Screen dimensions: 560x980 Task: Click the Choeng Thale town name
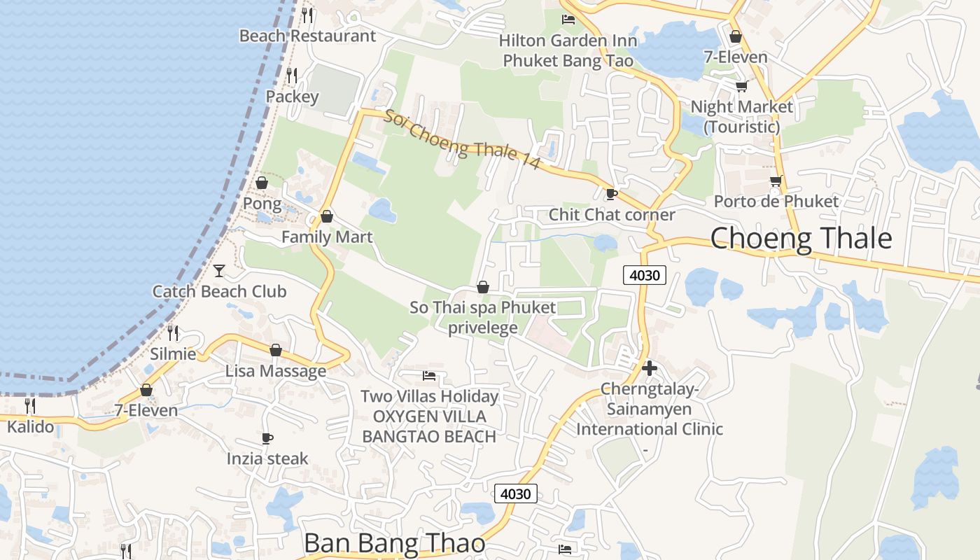point(801,239)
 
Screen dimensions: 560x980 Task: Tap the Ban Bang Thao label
point(395,544)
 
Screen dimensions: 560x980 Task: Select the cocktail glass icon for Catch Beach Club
point(219,270)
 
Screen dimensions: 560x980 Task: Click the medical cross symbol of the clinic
point(649,367)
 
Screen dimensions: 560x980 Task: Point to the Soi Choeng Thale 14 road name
point(462,139)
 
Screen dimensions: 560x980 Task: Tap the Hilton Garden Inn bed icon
point(568,20)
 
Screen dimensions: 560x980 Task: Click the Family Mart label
point(327,237)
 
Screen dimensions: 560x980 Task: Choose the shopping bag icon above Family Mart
point(326,216)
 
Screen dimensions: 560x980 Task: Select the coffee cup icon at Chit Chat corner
point(611,194)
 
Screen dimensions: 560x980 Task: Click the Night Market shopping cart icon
point(741,86)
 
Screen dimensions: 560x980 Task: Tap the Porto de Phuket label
point(776,202)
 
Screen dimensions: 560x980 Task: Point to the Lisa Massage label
point(276,371)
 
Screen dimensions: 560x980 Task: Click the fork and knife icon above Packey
point(292,75)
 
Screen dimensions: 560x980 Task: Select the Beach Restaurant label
point(307,36)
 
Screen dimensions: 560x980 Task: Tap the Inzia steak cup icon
point(267,438)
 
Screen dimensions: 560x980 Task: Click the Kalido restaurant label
point(30,426)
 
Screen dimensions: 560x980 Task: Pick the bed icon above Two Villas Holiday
point(429,376)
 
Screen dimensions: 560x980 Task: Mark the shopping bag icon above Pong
point(262,183)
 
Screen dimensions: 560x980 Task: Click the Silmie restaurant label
point(173,353)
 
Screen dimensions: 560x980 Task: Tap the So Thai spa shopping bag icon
point(482,287)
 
